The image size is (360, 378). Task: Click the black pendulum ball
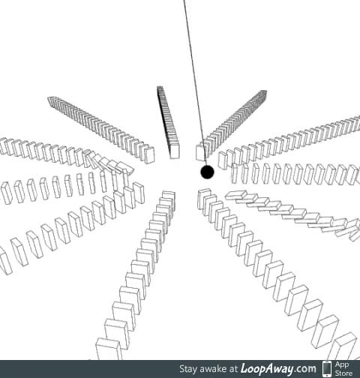point(207,172)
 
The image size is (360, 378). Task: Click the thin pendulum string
point(195,82)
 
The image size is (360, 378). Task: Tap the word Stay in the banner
point(188,369)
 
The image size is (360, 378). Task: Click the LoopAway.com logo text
point(278,369)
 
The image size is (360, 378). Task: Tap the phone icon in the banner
point(327,369)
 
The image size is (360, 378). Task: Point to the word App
point(342,365)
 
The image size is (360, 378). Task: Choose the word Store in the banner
point(343,373)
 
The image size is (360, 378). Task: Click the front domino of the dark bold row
point(175,151)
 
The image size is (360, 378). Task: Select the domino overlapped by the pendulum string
point(202,152)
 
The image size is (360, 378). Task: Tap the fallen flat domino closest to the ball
point(236,196)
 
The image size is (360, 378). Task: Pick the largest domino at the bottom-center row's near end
point(109,349)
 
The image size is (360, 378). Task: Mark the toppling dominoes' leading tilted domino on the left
point(127,168)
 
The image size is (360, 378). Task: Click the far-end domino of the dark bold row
point(160,88)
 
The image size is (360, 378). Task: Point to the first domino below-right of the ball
point(205,199)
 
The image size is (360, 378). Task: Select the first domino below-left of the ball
point(169,197)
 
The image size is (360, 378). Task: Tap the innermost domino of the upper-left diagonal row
point(149,155)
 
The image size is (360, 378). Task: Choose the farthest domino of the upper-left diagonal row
point(52,100)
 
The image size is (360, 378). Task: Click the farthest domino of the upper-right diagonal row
point(263,93)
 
